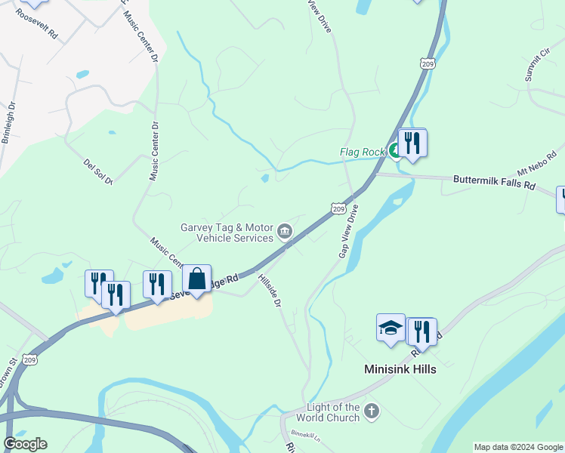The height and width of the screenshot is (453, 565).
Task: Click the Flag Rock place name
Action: point(363,152)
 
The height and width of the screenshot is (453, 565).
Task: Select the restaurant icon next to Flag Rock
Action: point(412,142)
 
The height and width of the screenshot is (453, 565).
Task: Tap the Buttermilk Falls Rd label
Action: point(494,181)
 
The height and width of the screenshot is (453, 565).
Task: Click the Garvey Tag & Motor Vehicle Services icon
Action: point(285,231)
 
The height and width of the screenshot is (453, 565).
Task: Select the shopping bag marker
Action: point(196,279)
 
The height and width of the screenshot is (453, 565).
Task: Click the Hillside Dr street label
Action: point(270,290)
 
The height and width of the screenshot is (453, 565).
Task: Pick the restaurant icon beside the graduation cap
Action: point(421,331)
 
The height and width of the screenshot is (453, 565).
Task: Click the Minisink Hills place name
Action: point(400,370)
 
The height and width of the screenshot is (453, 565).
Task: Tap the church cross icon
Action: point(371,411)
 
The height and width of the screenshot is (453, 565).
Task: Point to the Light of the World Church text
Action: point(327,412)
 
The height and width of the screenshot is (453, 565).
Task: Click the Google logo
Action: point(25,444)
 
